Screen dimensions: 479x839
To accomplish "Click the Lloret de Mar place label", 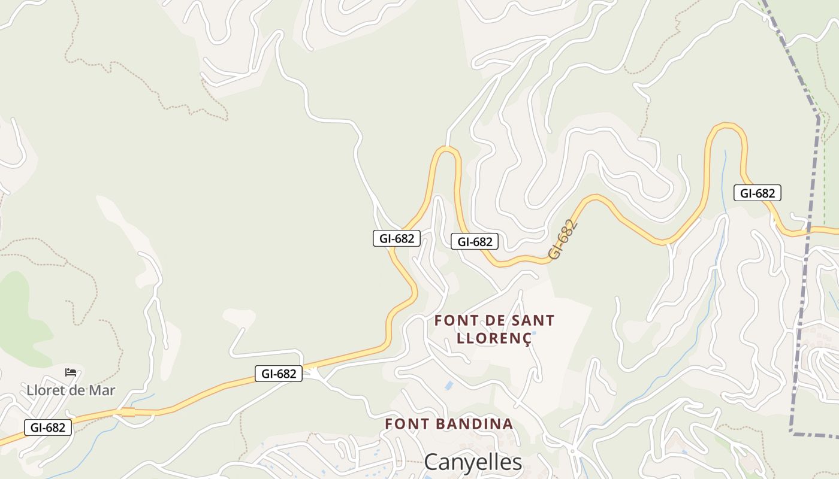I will pos(71,390).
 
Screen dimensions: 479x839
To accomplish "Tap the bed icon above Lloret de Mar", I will pos(71,372).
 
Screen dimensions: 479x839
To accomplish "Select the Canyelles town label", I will pos(473,462).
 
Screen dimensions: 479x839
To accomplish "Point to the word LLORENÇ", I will pos(494,338).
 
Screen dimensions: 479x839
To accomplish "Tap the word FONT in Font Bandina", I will pos(406,424).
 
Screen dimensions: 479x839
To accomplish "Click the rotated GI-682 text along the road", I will pos(563,239).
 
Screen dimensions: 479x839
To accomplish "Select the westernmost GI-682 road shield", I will pos(48,428).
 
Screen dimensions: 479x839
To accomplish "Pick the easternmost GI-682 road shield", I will pos(757,193).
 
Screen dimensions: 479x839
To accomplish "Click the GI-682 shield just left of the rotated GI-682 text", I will pos(475,241).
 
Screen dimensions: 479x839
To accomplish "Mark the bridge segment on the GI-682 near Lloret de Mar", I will pos(126,412).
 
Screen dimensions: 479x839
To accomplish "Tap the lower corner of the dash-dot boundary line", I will pos(792,432).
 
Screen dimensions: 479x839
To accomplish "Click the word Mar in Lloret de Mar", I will pos(102,390).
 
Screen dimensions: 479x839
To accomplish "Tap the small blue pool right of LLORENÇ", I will pos(533,333).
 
